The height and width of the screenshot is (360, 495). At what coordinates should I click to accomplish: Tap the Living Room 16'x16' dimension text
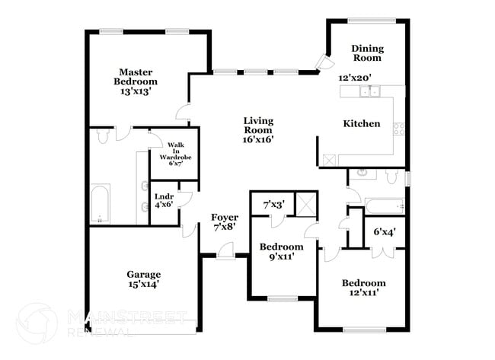[258, 139]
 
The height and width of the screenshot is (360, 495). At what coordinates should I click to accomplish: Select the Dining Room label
[366, 53]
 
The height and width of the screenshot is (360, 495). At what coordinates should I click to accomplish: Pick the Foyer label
[224, 218]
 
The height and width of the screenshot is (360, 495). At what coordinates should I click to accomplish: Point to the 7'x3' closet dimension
[273, 204]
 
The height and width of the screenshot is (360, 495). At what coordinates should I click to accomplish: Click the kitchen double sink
[370, 93]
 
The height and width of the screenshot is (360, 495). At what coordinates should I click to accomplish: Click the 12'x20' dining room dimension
[354, 78]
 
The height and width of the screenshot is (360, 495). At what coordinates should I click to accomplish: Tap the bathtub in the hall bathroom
[384, 205]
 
